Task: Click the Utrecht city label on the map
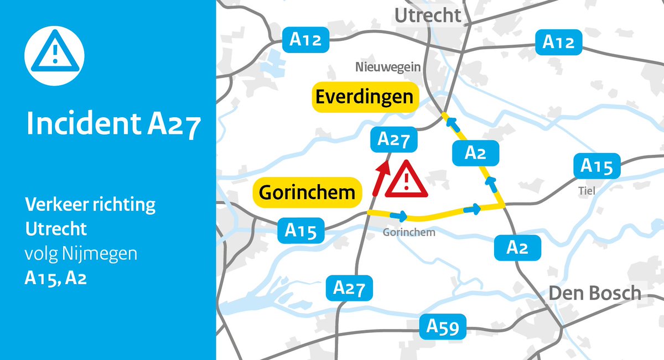point(427,15)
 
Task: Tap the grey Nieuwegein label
point(388,67)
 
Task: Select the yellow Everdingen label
point(364,97)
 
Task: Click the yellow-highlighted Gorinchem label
point(307,192)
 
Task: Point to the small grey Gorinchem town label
point(409,232)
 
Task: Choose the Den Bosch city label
point(595,293)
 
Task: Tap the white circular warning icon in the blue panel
point(54,54)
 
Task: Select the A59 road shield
point(443,327)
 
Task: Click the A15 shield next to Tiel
point(596,166)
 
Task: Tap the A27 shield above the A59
point(349,288)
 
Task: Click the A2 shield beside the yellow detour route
point(475,153)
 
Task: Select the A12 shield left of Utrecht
point(306,40)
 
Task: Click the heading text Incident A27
point(113,125)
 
